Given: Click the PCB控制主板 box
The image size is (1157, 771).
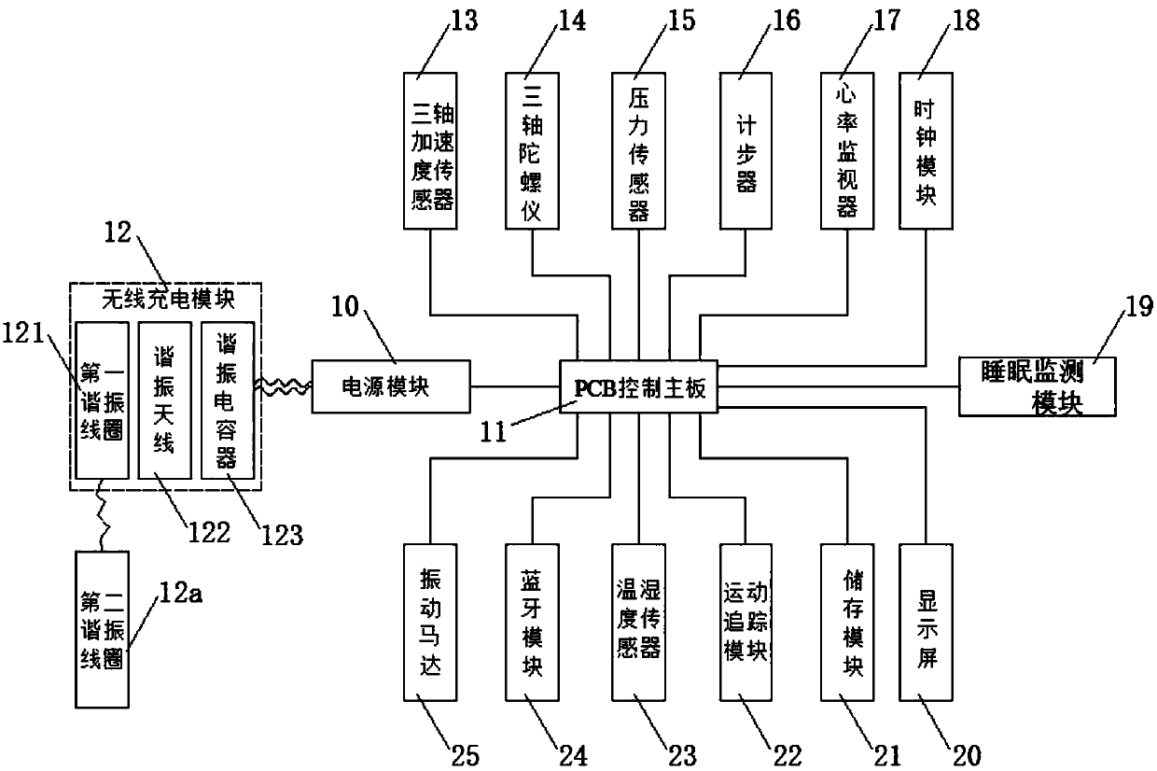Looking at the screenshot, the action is [639, 386].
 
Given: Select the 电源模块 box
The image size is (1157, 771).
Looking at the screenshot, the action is [391, 386].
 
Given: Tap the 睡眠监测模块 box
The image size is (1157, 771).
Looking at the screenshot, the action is [1038, 386].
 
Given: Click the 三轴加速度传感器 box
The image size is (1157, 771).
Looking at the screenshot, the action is [430, 151].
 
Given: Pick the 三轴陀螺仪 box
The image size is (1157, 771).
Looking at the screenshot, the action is [532, 151].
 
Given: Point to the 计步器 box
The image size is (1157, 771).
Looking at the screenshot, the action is [746, 151].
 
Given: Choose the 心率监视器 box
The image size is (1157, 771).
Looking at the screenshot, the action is [847, 151].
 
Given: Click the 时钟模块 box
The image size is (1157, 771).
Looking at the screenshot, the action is [926, 151].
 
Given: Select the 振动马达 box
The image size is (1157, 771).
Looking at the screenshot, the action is [430, 623].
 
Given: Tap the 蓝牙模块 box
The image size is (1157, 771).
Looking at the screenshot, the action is [532, 623].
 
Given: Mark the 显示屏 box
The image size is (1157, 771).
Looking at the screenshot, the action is [926, 623].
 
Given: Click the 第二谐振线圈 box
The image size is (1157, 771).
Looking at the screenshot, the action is [102, 629].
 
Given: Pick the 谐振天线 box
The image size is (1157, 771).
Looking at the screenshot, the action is [165, 400].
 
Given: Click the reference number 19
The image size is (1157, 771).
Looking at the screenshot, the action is [1138, 307].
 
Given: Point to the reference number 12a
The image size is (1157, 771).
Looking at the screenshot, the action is [181, 593].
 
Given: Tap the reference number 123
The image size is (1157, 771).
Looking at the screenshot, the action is [282, 535].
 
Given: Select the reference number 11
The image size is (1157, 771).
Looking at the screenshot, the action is [494, 431].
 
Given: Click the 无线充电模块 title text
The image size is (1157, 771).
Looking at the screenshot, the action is [168, 300].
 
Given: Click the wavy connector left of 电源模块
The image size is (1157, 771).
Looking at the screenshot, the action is [283, 386].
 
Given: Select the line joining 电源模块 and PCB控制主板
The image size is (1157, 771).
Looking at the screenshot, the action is [515, 386].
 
